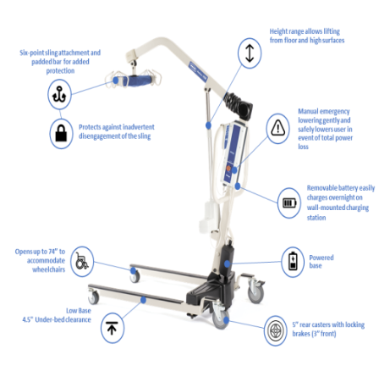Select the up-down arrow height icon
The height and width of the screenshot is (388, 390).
249,53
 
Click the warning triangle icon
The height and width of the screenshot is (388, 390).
277,129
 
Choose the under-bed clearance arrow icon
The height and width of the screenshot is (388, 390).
112,327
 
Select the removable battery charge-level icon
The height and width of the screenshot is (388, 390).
290,202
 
